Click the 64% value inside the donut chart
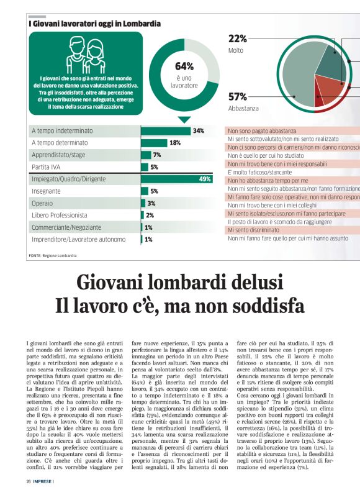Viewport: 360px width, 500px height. tap(184, 66)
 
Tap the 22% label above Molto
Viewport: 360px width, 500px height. tap(238, 39)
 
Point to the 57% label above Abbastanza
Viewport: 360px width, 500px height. tap(238, 96)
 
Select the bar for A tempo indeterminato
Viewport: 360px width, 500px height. tap(166, 131)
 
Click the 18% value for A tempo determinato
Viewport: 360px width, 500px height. tap(175, 143)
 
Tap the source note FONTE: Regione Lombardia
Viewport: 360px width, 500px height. tap(53, 255)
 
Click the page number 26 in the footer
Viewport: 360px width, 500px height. tap(29, 481)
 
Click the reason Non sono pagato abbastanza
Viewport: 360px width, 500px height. tap(262, 132)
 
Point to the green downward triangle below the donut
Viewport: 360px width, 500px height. tap(184, 119)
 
